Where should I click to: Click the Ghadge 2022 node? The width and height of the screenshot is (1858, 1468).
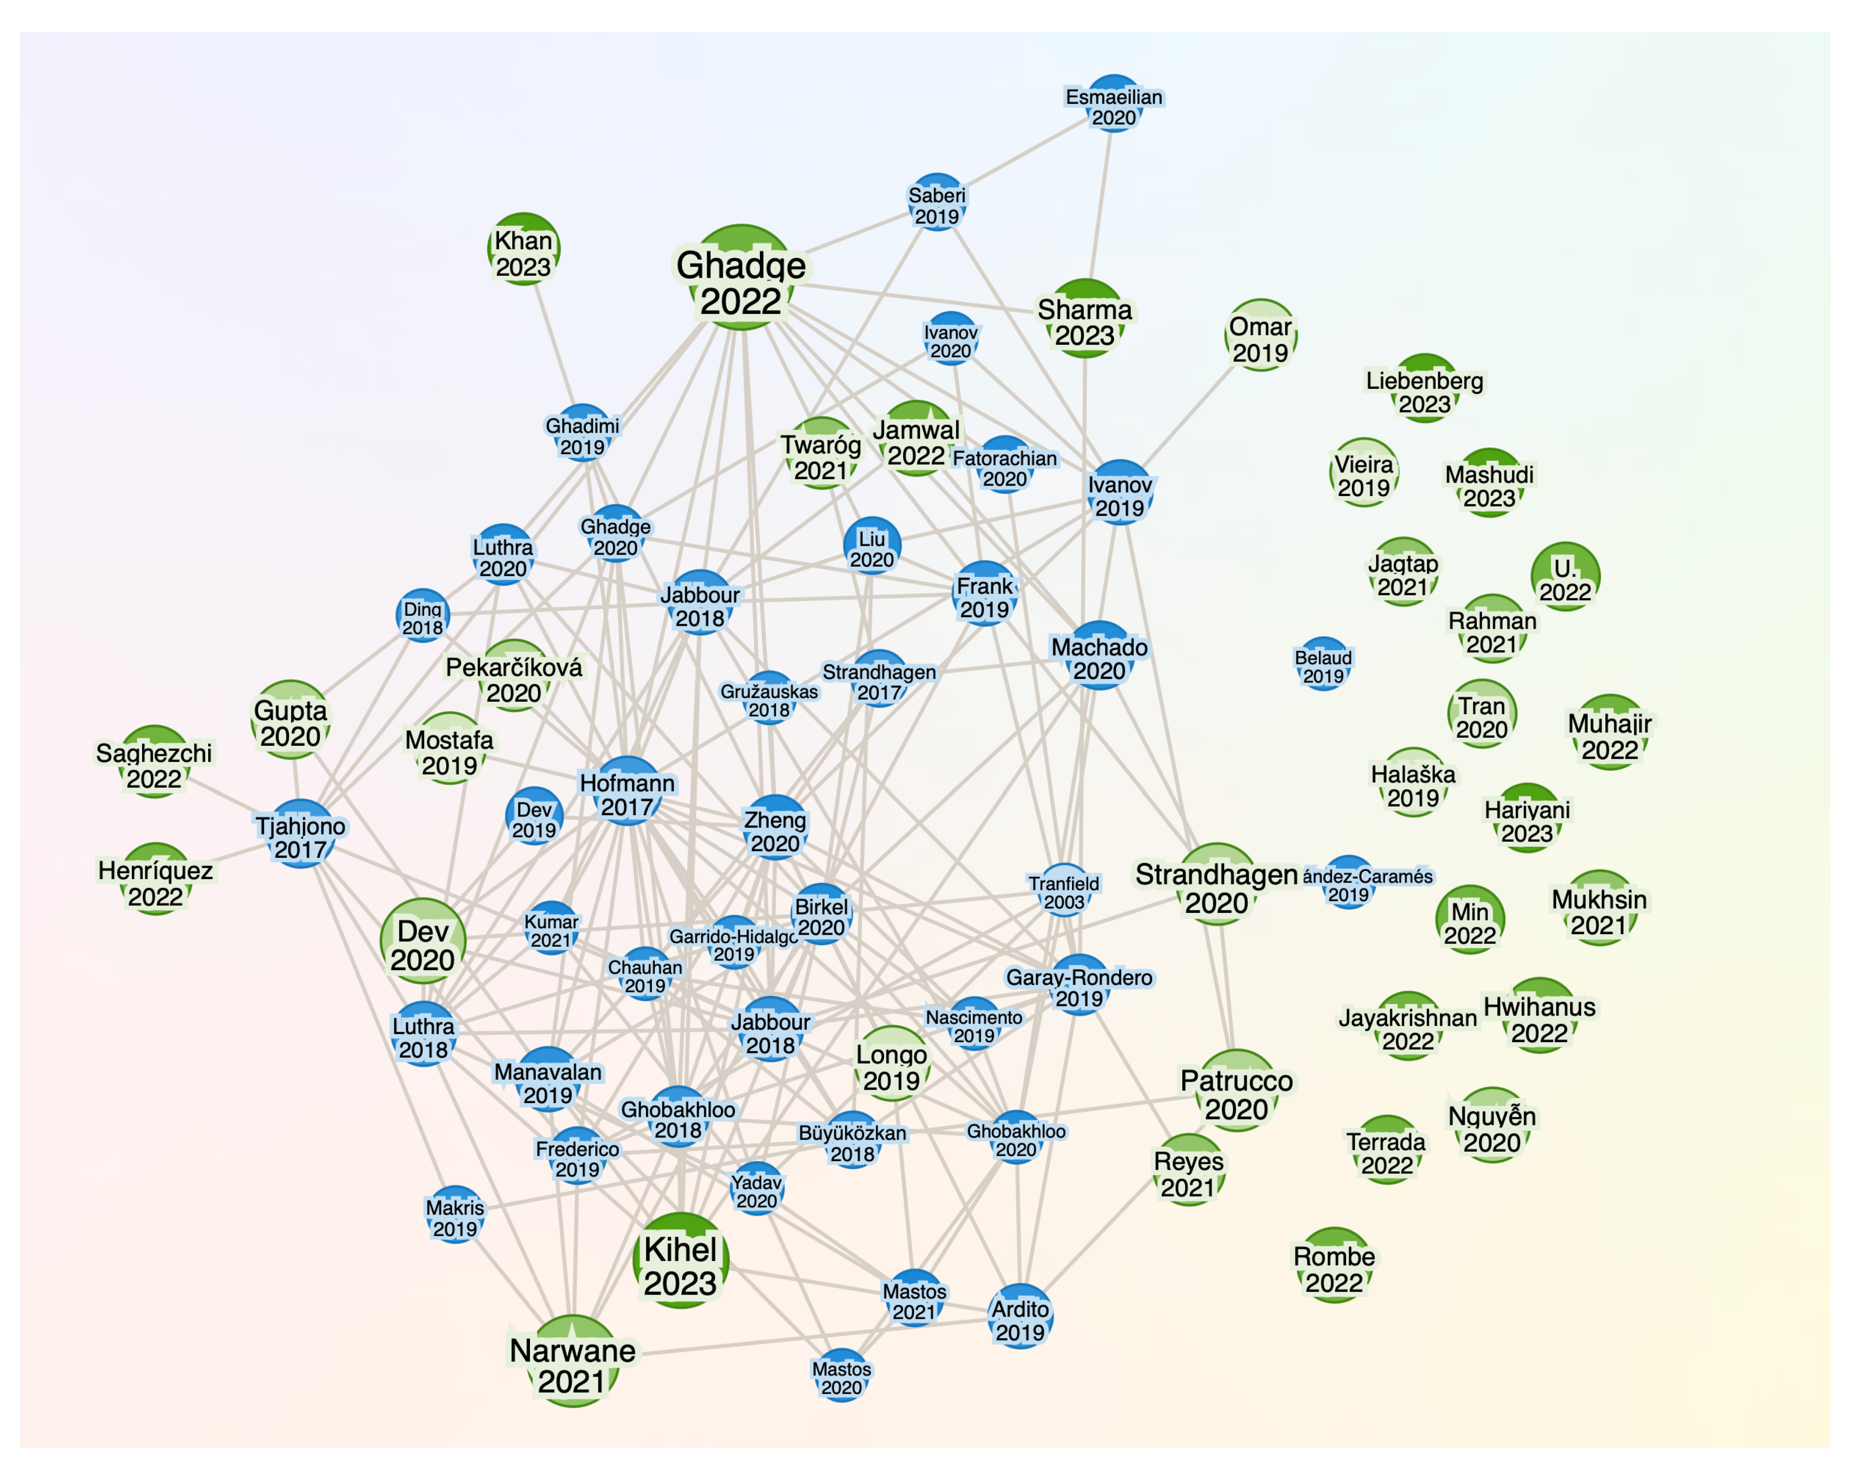coord(741,278)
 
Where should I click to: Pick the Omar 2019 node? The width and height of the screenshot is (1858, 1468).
coord(1260,335)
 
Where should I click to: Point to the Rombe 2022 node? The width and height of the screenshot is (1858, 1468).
coord(1334,1264)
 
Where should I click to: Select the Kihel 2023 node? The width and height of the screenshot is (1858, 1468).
coord(681,1261)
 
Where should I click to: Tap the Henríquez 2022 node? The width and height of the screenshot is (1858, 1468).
coord(155,879)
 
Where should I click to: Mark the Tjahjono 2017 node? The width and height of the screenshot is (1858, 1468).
coord(300,834)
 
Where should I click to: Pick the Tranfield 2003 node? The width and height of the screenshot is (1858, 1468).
coord(1064,889)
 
